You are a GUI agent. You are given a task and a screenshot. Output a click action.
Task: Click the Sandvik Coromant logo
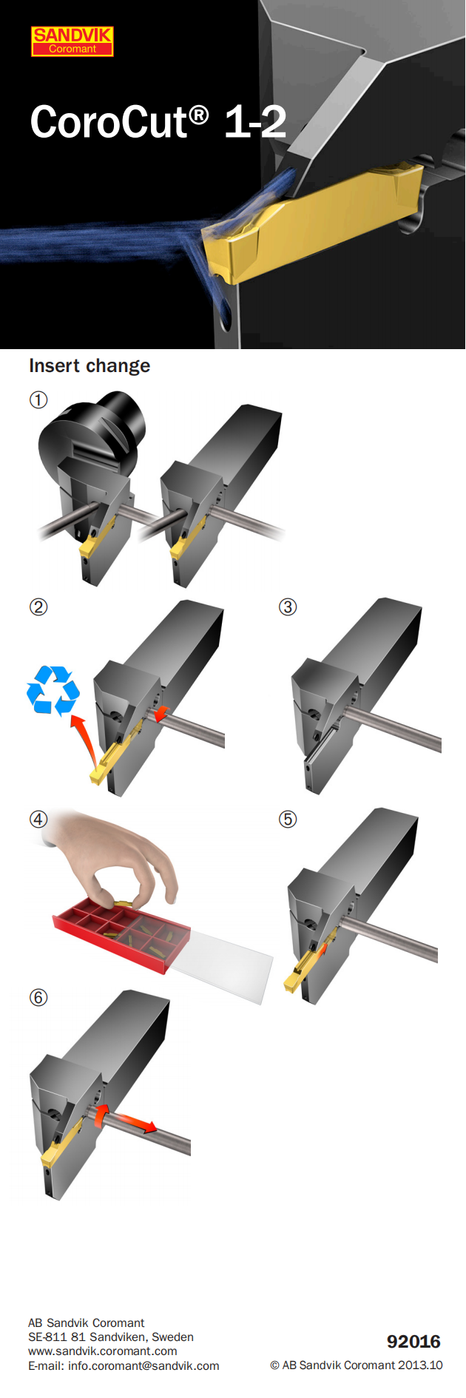72,41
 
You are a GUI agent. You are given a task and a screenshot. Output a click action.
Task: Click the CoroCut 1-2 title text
158,121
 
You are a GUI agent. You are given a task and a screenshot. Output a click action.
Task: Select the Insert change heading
90,365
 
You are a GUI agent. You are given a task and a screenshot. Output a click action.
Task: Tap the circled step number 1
38,400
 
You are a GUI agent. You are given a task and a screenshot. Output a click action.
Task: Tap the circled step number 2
38,607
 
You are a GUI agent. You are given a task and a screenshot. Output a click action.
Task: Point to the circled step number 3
288,607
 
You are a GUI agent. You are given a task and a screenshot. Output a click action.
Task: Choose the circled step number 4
38,820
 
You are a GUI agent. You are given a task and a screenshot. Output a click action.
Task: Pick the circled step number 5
288,820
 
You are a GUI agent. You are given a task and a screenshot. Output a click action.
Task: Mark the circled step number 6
38,998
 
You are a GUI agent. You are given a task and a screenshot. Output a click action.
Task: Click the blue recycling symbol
53,690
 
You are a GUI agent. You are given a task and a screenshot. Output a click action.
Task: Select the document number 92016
413,1342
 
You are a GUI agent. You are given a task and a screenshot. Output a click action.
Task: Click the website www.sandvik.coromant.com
103,1351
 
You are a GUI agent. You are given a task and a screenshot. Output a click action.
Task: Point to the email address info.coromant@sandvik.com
124,1365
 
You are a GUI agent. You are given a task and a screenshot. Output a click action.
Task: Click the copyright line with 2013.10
357,1365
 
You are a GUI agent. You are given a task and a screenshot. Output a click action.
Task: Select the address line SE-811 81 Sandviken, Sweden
111,1337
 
